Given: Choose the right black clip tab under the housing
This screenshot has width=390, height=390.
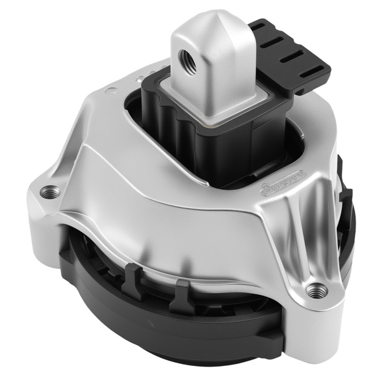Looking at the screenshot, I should (x=182, y=290).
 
